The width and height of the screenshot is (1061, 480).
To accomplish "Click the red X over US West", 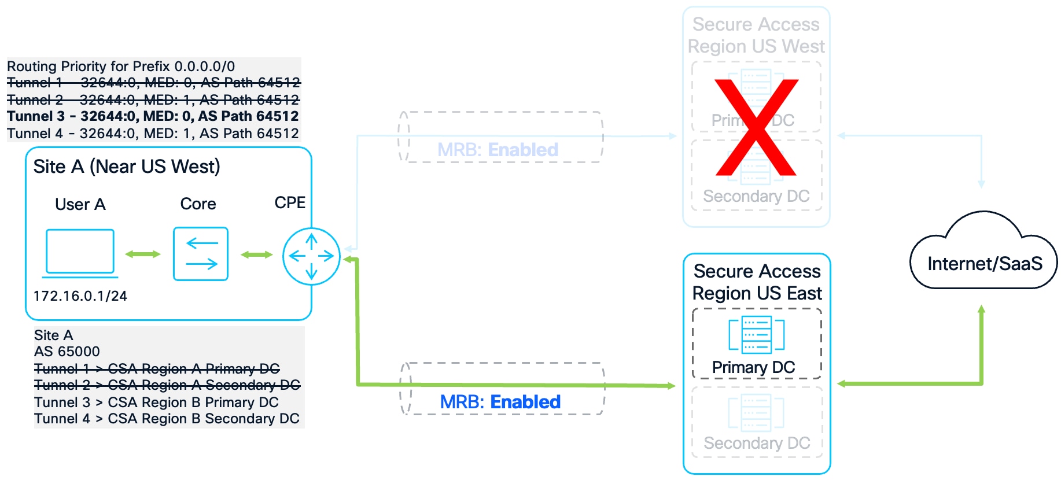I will [756, 127].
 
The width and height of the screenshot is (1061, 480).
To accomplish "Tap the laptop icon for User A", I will [80, 252].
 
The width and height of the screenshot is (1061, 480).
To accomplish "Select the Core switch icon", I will [201, 254].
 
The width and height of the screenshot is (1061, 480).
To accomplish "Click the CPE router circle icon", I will [311, 256].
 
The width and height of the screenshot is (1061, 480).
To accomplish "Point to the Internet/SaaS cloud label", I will [985, 264].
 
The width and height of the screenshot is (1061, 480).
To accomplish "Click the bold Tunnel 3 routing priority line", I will [153, 116].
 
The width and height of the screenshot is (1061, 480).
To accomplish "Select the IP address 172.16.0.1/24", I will [80, 296].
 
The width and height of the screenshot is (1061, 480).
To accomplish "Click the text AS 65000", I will [67, 352].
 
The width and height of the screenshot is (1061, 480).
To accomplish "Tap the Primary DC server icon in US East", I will [756, 335].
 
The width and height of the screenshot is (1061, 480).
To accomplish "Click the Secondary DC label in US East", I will [757, 443].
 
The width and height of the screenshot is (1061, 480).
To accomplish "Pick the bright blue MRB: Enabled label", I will [500, 402].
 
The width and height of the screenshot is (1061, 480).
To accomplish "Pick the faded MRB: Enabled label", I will [498, 150].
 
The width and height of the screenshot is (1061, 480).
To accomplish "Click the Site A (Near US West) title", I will [127, 167].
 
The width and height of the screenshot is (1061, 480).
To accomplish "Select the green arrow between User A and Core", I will [143, 254].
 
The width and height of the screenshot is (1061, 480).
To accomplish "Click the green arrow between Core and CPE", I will [256, 254].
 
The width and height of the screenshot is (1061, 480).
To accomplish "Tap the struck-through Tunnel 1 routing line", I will [153, 83].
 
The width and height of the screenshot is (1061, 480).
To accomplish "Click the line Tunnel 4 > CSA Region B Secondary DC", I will [167, 419].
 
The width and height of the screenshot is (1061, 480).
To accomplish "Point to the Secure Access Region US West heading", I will [756, 35].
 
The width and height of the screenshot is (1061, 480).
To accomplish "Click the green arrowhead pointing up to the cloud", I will [981, 310].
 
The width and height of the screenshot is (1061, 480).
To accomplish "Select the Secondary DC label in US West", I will [756, 197].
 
